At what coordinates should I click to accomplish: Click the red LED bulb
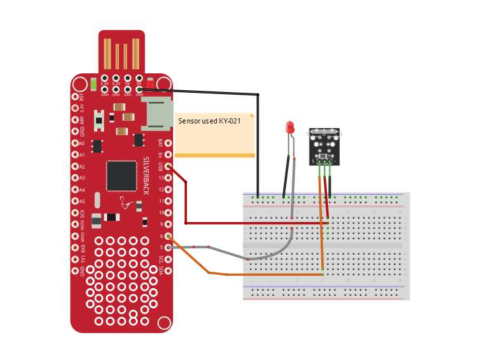(x=291, y=127)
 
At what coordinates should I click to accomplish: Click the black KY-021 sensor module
(x=325, y=145)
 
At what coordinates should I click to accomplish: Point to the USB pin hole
(x=168, y=166)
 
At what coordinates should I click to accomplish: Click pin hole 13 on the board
(x=168, y=178)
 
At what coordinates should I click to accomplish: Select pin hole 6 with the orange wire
(x=168, y=236)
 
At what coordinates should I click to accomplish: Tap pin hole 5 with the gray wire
(x=168, y=248)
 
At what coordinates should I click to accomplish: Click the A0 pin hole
(x=73, y=143)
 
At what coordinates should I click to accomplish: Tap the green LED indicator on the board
(x=95, y=84)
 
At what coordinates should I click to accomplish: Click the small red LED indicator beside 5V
(x=150, y=84)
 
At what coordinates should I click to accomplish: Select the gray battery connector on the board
(x=157, y=114)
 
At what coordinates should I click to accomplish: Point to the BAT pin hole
(x=168, y=142)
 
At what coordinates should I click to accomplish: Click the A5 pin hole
(x=73, y=201)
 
